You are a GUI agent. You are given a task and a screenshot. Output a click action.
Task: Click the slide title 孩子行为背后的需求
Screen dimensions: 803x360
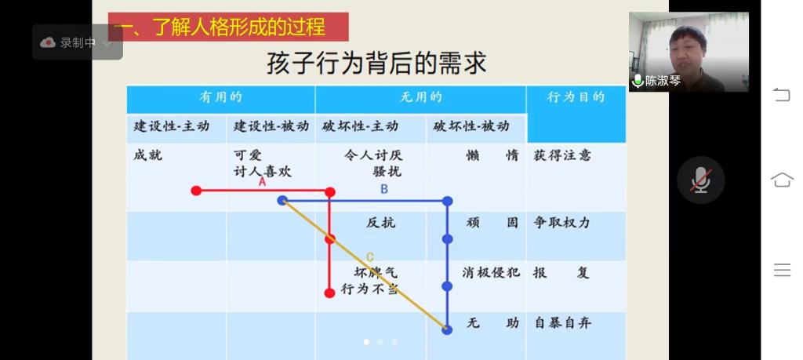point(376,64)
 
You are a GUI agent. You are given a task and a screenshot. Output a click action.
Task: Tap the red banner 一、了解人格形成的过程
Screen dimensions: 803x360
point(228,27)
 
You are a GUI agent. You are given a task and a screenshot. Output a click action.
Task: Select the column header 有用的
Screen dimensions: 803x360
point(220,97)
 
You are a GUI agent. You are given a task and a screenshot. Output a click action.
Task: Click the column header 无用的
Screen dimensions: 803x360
point(420,97)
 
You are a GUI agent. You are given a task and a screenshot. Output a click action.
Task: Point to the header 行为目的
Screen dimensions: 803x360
point(576,97)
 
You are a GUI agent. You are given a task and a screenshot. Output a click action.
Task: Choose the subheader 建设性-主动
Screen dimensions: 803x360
point(172,126)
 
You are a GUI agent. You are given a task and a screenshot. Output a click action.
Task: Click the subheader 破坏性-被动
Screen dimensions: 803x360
point(471,126)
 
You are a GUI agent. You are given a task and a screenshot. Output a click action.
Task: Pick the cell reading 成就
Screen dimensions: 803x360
point(147,155)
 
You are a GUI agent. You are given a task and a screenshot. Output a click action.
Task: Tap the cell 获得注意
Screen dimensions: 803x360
point(562,155)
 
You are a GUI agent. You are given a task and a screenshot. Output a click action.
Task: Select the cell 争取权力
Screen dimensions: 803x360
point(561,223)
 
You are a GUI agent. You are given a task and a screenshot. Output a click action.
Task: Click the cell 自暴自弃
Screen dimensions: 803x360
point(562,323)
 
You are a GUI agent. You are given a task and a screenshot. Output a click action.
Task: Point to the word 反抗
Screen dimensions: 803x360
point(380,223)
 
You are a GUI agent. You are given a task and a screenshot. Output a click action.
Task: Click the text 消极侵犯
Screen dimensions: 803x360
point(491,272)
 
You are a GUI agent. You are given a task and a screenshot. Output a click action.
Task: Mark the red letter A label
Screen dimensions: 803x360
point(262,182)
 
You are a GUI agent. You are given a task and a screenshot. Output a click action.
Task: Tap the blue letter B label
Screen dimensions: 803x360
point(384,190)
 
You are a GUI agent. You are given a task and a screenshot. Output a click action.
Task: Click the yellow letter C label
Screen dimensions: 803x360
point(370,257)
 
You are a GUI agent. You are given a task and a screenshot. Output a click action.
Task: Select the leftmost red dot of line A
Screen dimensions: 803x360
point(196,191)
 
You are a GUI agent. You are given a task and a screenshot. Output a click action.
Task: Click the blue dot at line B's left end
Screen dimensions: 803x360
point(282,200)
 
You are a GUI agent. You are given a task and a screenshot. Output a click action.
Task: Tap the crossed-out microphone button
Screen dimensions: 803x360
point(700,180)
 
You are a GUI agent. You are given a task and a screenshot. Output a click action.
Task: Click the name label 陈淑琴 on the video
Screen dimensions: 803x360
point(663,81)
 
